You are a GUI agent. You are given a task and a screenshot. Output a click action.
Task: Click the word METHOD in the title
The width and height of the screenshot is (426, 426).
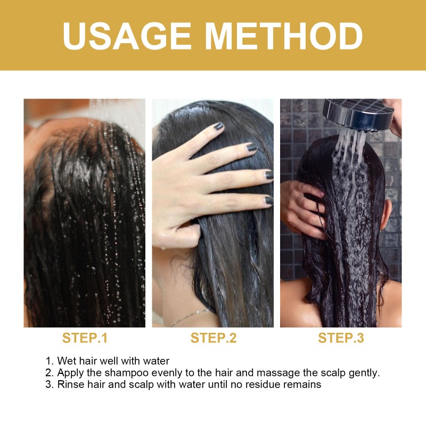284,36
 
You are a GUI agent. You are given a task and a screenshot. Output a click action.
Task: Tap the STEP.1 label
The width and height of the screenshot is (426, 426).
85,338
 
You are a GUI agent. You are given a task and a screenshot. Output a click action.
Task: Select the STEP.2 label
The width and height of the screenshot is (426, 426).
213,338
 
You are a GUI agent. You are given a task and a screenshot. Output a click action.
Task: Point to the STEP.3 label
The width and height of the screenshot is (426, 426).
341,338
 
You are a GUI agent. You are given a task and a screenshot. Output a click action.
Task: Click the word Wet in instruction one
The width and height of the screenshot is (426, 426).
65,361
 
